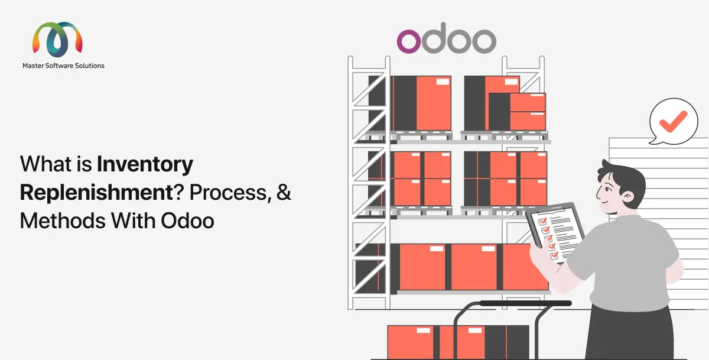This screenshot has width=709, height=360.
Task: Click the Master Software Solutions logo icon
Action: pos(57,40)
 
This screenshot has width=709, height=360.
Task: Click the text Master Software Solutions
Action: pos(63,66)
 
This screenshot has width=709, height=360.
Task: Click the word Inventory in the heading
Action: pos(145,164)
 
